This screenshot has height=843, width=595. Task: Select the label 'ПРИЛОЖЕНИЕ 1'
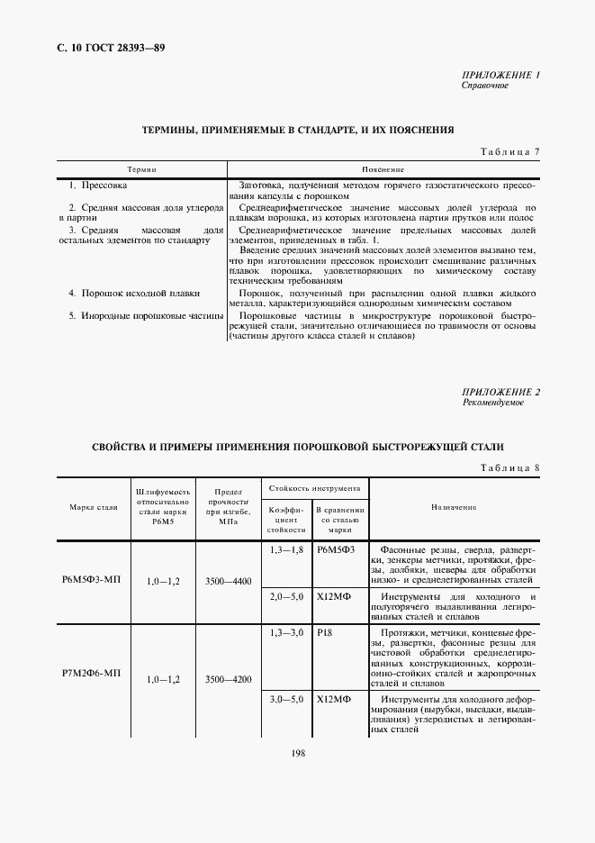[500, 76]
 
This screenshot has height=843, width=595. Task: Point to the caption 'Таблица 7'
[510, 151]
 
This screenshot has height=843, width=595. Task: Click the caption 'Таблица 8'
[510, 467]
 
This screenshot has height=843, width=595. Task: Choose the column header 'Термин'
[142, 169]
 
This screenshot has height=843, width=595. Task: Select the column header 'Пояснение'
[383, 169]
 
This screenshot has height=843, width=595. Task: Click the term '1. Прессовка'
[98, 185]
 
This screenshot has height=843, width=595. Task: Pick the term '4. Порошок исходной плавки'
[134, 293]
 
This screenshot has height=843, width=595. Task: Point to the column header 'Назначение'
[454, 508]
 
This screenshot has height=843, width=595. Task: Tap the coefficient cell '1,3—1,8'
[286, 548]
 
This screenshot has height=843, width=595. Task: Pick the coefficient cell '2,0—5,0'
[286, 596]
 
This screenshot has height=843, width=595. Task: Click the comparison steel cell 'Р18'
[326, 633]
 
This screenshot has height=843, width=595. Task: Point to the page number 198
[298, 752]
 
